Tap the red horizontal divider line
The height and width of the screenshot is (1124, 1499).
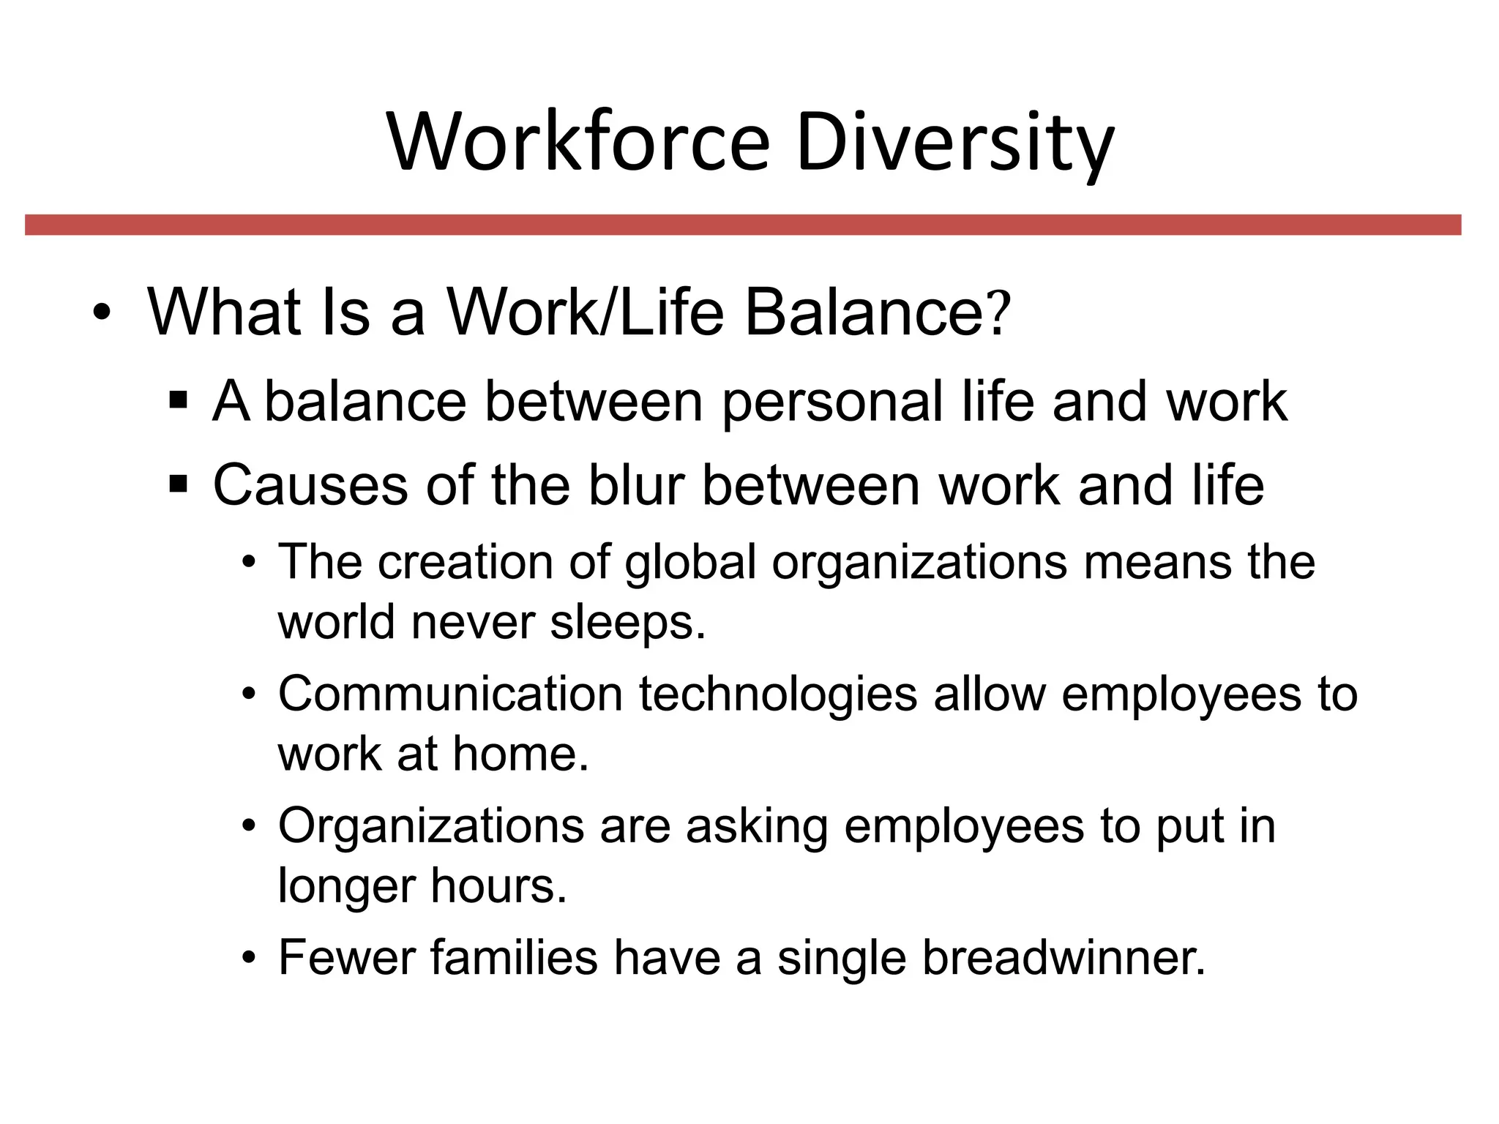(x=743, y=225)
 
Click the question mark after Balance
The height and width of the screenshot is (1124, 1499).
(x=999, y=313)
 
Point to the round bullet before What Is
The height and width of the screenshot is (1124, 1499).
(x=102, y=315)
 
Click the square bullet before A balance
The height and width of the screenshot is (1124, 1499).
(x=178, y=402)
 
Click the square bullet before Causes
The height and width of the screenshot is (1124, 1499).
(x=178, y=484)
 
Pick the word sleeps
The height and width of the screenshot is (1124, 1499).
(x=627, y=623)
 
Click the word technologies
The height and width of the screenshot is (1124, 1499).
(x=778, y=695)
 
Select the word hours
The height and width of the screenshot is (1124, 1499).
(x=498, y=886)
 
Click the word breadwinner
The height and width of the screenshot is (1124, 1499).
(x=1063, y=958)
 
